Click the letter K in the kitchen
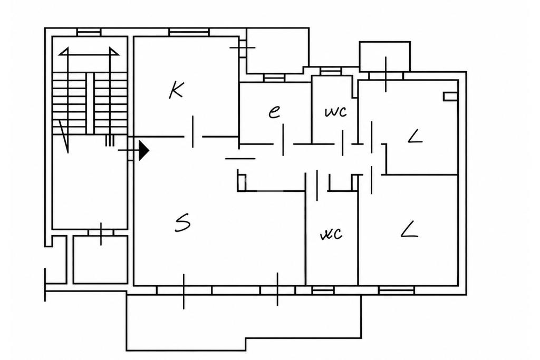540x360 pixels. point(176,90)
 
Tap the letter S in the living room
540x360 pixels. point(182,222)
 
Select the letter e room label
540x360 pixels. point(274,112)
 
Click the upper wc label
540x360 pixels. point(336,112)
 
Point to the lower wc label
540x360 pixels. point(331,233)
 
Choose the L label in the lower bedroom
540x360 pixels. point(409,230)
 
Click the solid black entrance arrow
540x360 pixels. point(144,150)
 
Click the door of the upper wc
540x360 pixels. point(343,143)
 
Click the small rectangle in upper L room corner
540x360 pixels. point(450,96)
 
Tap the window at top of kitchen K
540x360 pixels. point(189,32)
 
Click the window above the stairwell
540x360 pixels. point(89,32)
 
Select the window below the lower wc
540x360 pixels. point(323,290)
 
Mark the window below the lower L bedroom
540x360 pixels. point(397,290)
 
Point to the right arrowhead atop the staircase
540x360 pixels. point(114,52)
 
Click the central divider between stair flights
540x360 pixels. point(90,103)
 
